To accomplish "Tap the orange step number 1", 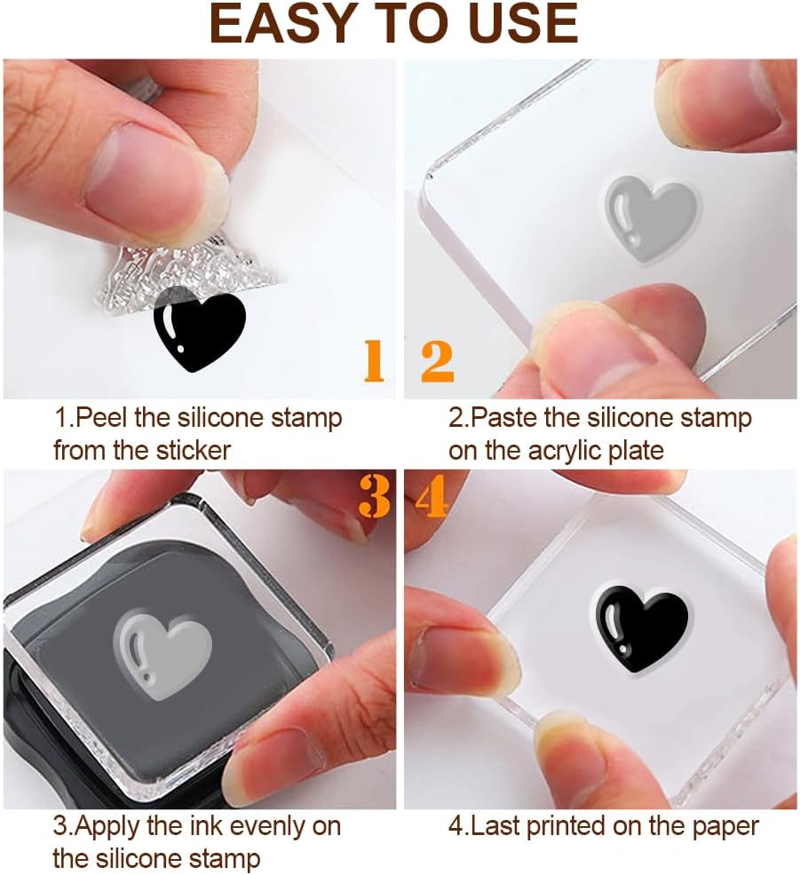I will click(375, 361).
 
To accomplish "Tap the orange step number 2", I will click(437, 361).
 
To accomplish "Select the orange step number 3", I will click(374, 498).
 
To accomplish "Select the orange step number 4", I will click(431, 498).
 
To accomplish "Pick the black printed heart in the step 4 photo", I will click(639, 627).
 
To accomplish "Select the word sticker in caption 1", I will click(192, 449).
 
